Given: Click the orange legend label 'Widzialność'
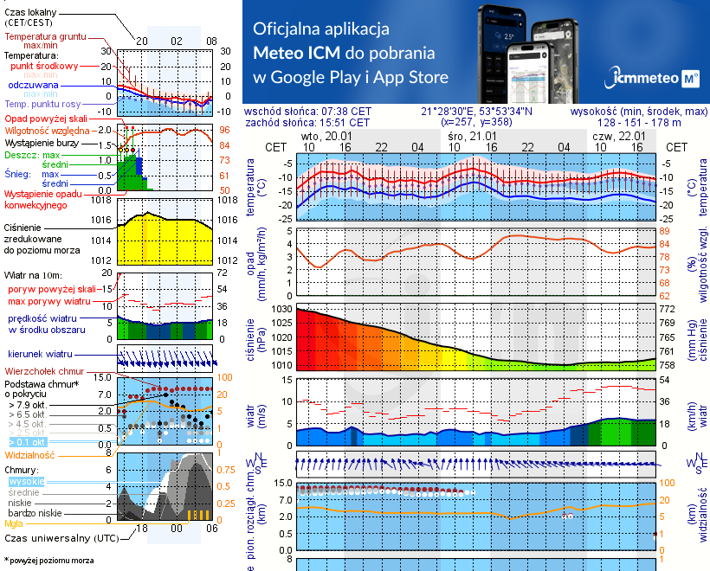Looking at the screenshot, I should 30,454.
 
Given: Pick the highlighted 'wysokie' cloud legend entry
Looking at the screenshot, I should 27,481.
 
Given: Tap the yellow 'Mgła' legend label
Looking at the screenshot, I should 14,523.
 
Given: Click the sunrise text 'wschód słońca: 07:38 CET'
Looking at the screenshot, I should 307,112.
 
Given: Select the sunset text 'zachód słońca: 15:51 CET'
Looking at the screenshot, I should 307,123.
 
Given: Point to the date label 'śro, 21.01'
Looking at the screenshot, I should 472,137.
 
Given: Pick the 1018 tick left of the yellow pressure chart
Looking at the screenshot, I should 101,200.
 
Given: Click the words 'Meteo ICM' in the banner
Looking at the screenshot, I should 297,52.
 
